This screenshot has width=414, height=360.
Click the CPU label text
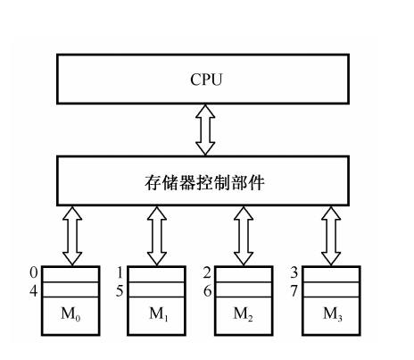[x=206, y=80]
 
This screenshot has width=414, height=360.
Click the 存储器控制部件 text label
[x=204, y=182]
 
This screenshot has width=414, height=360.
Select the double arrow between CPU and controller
[x=205, y=130]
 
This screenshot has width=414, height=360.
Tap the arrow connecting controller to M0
[x=72, y=236]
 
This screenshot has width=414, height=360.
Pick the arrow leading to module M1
[x=157, y=236]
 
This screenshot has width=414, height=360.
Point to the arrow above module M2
[x=244, y=236]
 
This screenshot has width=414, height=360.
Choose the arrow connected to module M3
[x=331, y=236]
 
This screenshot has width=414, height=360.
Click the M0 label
[x=70, y=314]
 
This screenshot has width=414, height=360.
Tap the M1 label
[x=159, y=314]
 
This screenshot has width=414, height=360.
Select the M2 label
[x=244, y=314]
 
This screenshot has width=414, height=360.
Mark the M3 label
[x=333, y=314]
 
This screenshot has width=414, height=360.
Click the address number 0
[x=34, y=272]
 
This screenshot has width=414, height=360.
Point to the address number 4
[x=34, y=291]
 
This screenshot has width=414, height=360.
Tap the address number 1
[x=120, y=272]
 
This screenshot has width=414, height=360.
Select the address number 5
[x=120, y=291]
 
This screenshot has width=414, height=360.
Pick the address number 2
[x=207, y=272]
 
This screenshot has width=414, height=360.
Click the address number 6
[x=207, y=291]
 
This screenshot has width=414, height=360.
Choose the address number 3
[x=294, y=272]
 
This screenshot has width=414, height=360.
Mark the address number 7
[x=294, y=291]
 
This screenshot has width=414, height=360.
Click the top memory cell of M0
[x=70, y=274]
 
